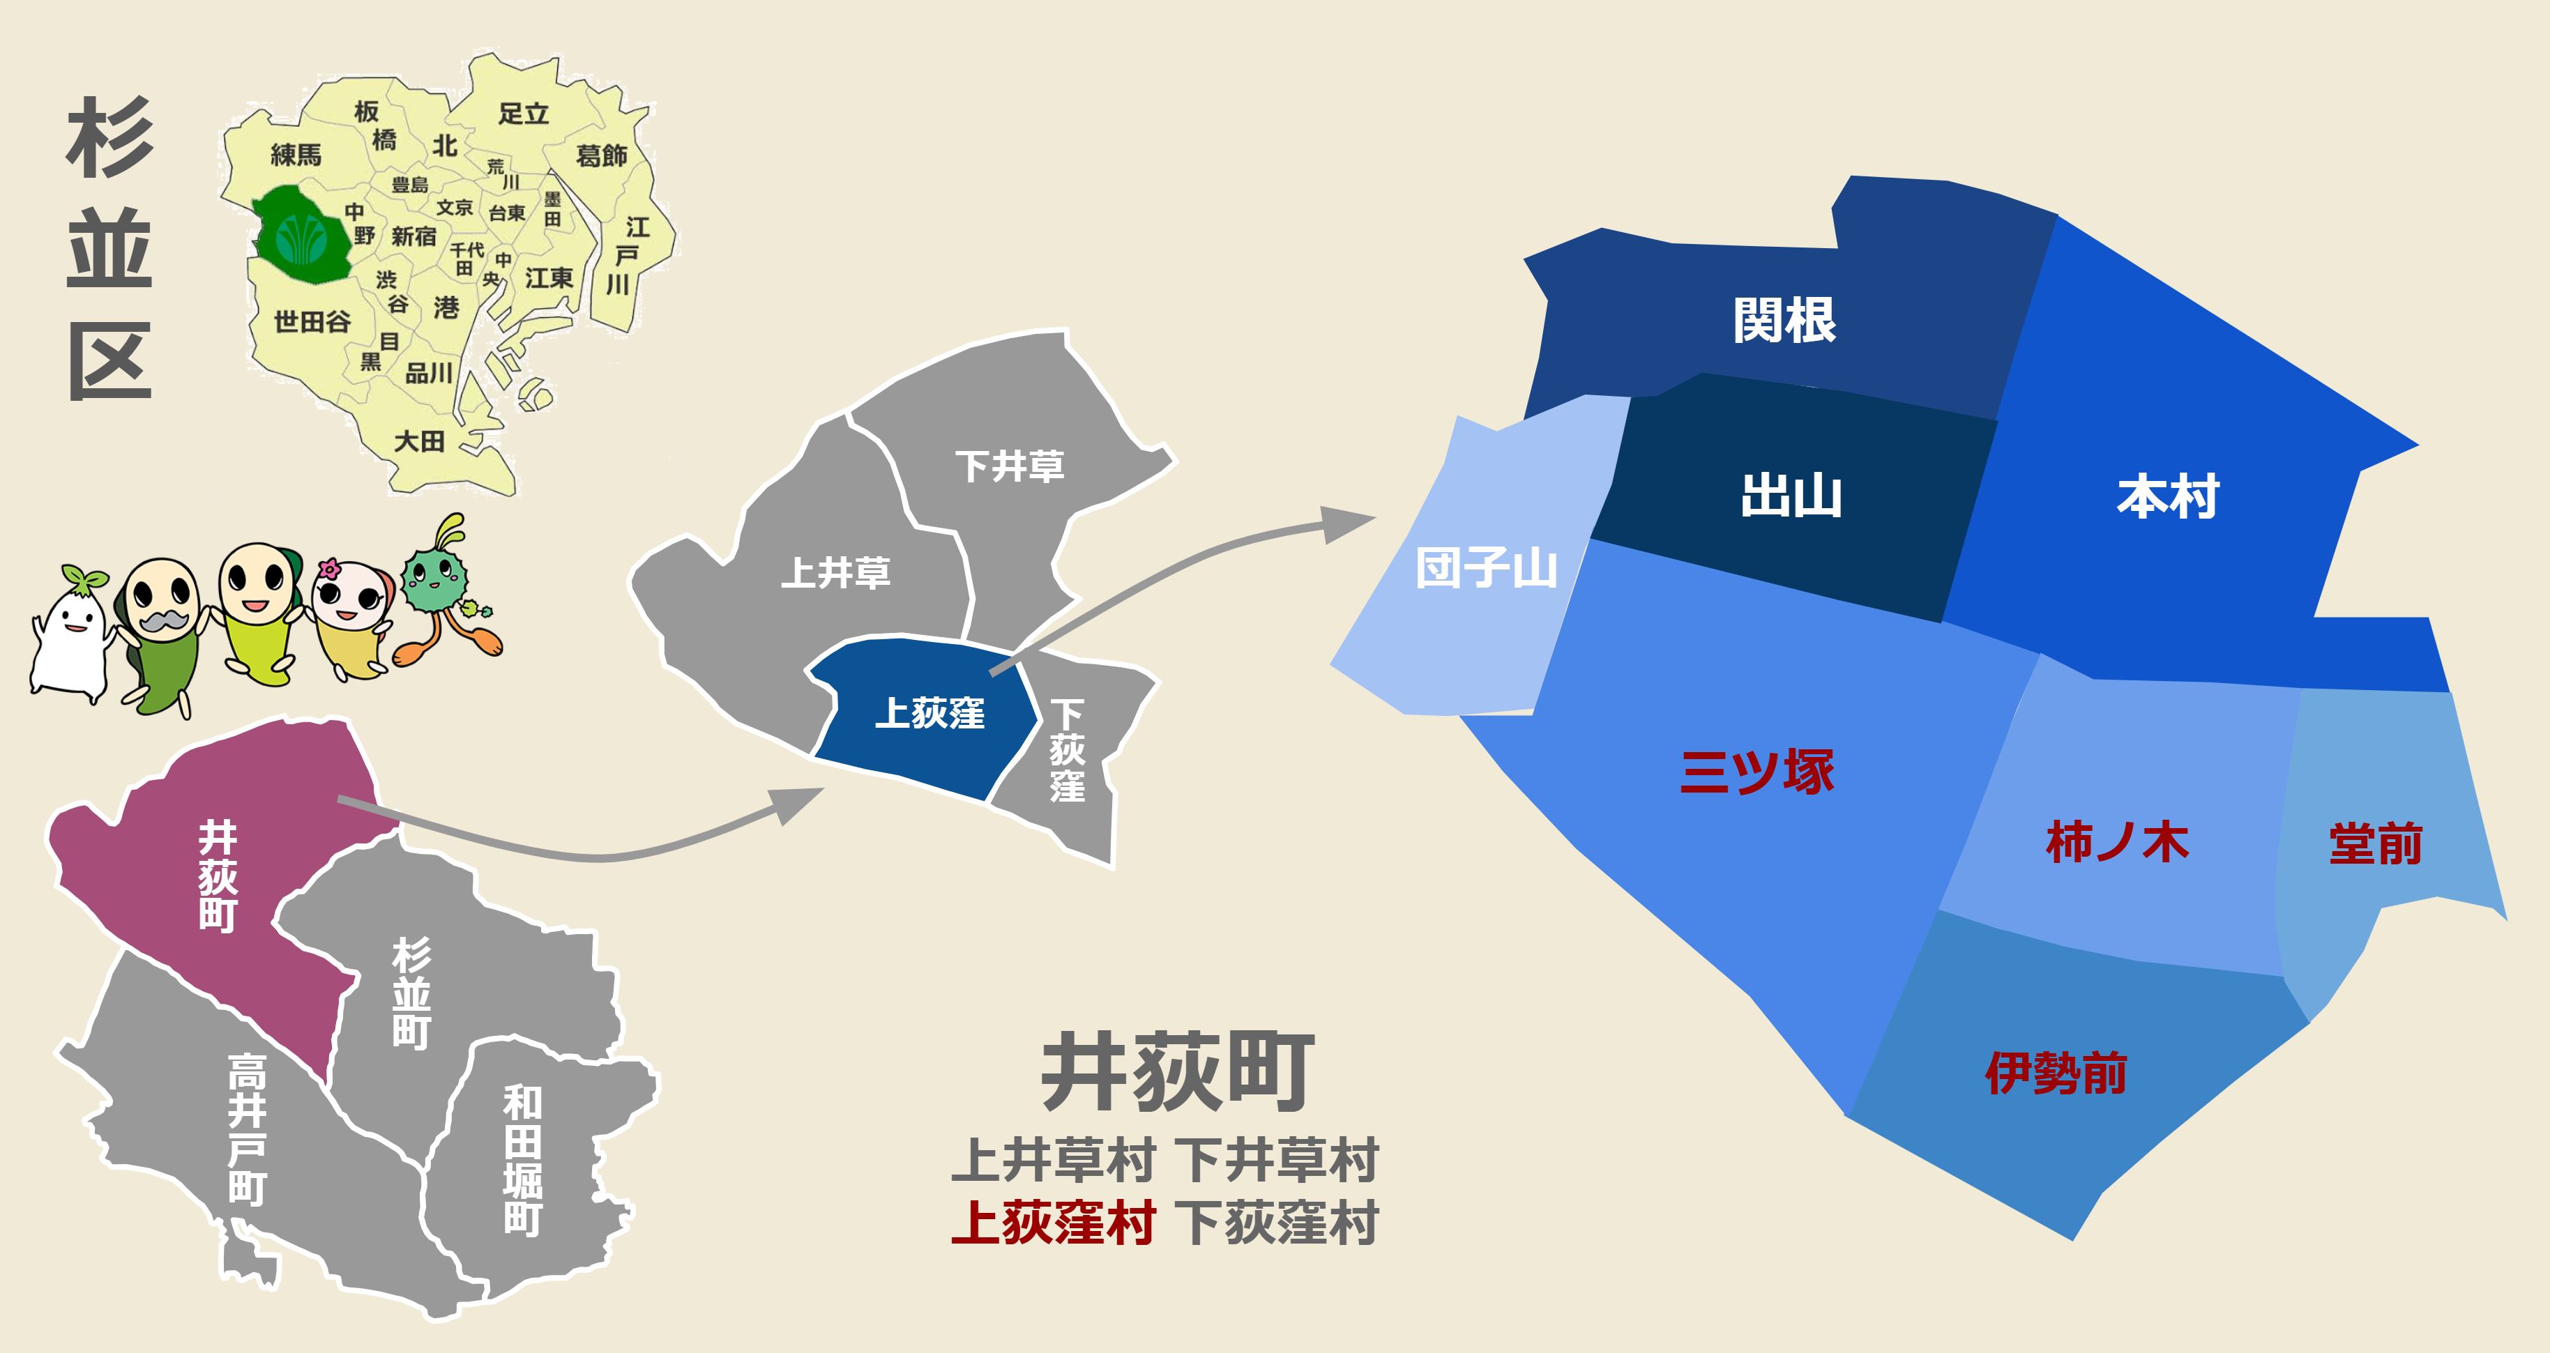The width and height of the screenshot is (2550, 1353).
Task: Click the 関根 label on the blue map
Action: (1784, 321)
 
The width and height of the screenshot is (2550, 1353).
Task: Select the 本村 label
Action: (2168, 497)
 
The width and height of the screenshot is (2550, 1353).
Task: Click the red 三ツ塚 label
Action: (1757, 772)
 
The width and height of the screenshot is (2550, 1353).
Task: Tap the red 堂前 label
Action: (2375, 844)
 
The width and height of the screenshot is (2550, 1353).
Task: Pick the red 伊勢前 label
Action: (2056, 1073)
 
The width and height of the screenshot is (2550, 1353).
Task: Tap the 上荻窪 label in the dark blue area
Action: (929, 712)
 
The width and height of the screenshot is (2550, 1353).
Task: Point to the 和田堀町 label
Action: (523, 1160)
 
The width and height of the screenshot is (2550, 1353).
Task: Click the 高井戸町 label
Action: (248, 1129)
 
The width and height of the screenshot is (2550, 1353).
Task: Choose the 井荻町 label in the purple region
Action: (218, 876)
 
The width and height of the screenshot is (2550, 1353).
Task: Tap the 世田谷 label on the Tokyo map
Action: (312, 321)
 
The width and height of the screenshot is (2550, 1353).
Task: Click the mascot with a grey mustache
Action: (158, 634)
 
